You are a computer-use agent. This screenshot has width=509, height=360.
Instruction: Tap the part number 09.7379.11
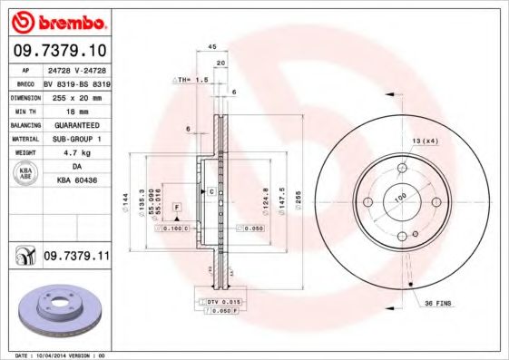click(x=76, y=258)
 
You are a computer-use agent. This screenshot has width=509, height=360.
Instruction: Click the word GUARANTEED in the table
click(x=76, y=125)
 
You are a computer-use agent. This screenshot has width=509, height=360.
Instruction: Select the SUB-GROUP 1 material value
click(x=76, y=140)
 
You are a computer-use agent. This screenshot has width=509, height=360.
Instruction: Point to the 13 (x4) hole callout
click(x=426, y=141)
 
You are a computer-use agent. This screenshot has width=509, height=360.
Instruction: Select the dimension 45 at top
click(x=211, y=46)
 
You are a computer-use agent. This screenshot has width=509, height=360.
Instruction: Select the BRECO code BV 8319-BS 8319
click(x=76, y=82)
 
